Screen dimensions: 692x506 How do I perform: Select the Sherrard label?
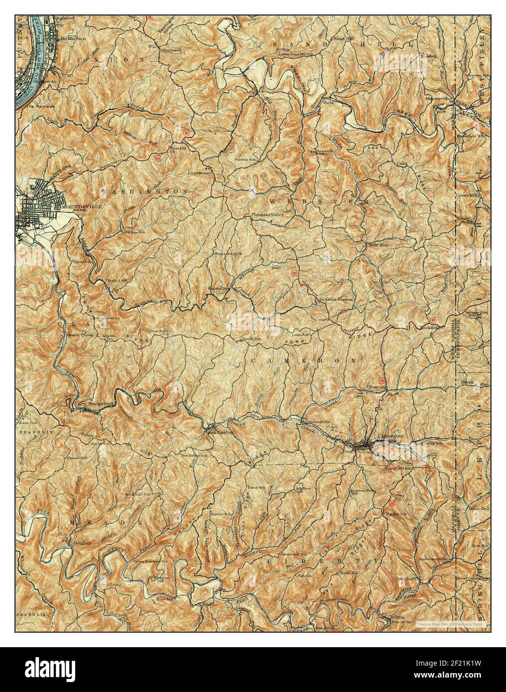click(171, 50)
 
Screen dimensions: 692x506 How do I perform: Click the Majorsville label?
click(437, 98)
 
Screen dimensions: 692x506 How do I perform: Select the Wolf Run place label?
click(377, 245)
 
